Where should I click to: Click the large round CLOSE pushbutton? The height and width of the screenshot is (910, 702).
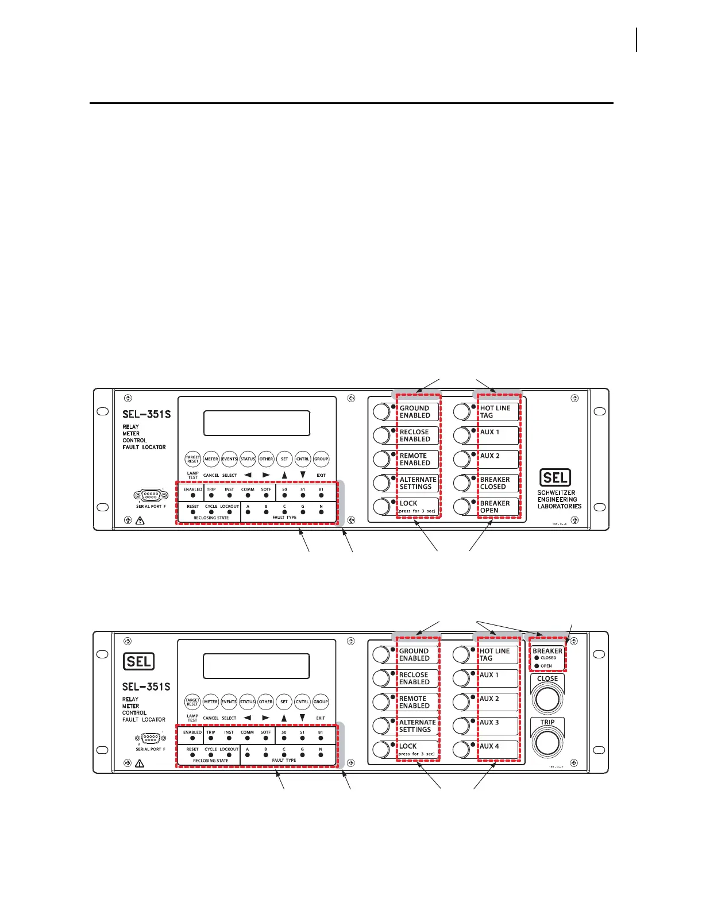[547, 698]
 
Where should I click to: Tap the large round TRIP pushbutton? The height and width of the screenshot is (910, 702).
[547, 743]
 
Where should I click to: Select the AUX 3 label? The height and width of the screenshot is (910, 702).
[489, 722]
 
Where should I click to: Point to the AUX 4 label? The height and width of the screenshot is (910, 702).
[489, 746]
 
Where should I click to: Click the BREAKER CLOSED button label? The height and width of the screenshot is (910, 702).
[495, 483]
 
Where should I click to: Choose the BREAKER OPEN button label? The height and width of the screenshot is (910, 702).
[495, 507]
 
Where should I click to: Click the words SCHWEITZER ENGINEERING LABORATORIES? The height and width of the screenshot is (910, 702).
[559, 499]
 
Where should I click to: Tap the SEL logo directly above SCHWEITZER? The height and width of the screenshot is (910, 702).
[555, 477]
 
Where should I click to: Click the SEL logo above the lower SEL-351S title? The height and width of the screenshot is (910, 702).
[139, 662]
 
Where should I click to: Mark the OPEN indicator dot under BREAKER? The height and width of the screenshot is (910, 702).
[537, 666]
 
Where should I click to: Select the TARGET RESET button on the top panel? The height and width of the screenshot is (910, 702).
[192, 459]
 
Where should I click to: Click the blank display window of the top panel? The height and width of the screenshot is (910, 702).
[257, 423]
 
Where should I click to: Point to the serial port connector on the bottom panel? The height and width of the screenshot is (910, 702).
[151, 738]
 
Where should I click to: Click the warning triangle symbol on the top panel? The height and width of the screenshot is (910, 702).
[140, 520]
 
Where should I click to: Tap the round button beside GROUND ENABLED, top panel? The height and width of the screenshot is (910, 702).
[381, 412]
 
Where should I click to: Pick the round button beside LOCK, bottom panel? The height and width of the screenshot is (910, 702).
[381, 750]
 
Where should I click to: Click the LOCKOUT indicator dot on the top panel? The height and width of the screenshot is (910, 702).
[229, 512]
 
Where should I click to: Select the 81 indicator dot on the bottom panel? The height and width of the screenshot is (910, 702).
[321, 738]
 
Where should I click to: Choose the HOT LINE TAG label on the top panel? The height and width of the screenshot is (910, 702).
[495, 412]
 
